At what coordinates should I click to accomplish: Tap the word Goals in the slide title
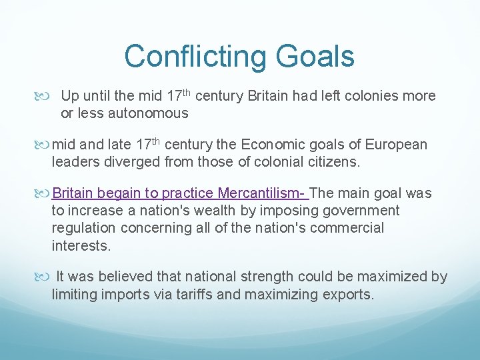(317, 56)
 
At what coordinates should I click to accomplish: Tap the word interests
(80, 245)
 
